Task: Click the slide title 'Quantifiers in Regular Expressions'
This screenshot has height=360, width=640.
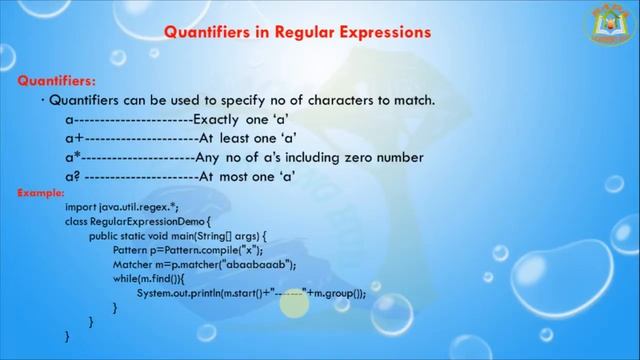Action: click(x=297, y=32)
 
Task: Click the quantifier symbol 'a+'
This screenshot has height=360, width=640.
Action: click(x=73, y=138)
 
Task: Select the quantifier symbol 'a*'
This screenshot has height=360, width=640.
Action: click(x=72, y=157)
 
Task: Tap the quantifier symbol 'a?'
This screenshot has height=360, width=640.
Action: click(x=72, y=176)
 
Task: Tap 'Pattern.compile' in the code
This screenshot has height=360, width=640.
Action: click(x=193, y=249)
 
